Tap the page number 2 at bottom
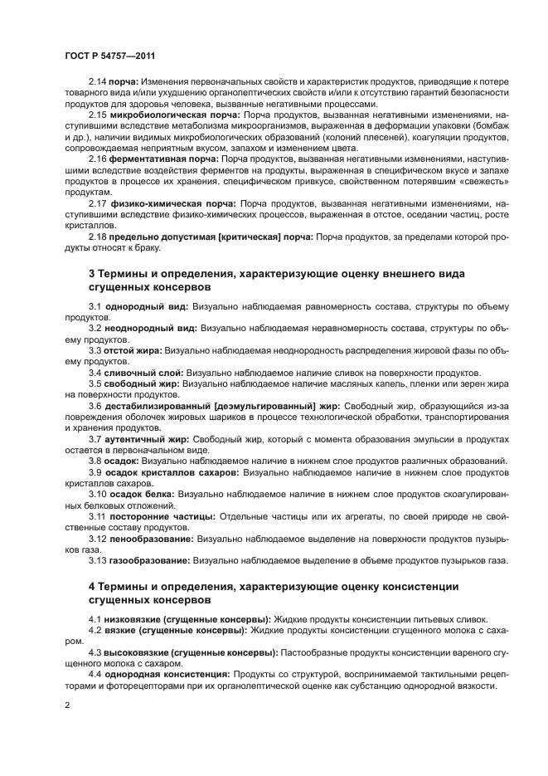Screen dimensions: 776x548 click(67, 705)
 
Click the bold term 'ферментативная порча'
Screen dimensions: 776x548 click(154, 158)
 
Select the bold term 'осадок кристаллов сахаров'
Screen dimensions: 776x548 click(172, 471)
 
